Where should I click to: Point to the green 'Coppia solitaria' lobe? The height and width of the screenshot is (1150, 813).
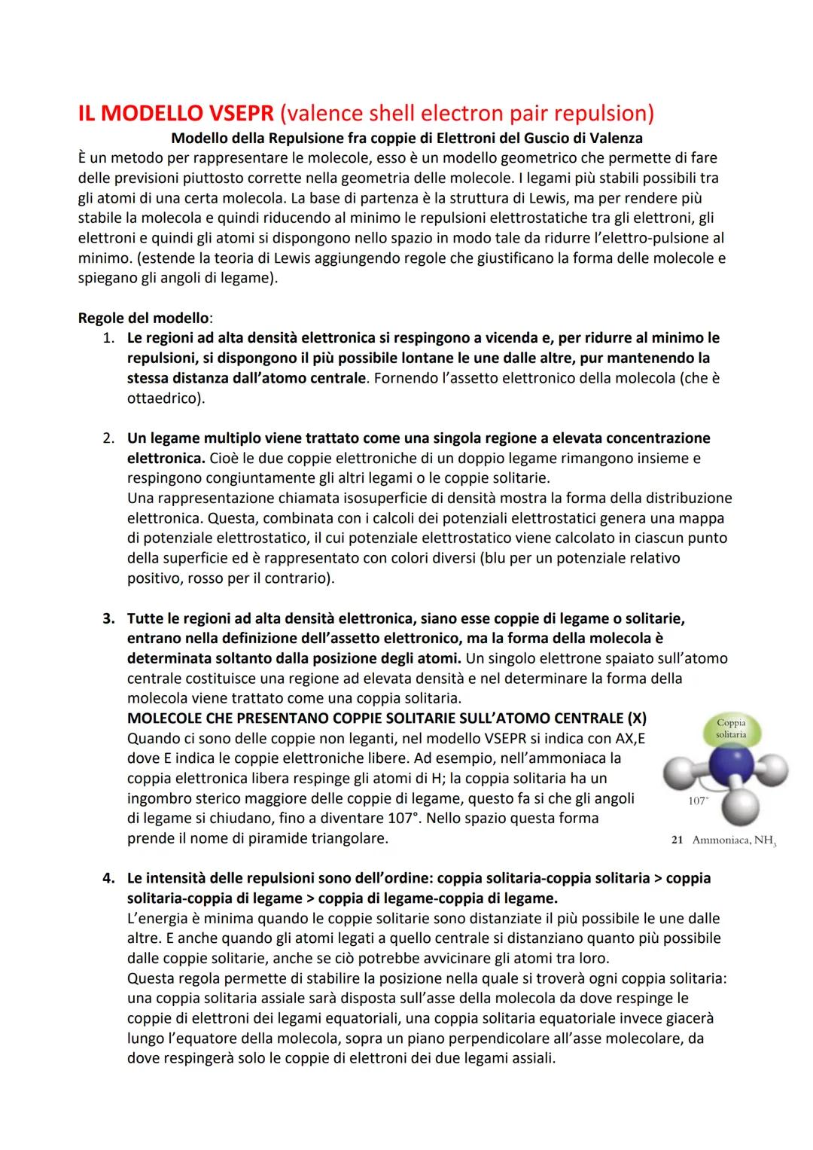(x=731, y=729)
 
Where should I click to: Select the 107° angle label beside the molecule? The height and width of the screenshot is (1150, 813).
(x=698, y=801)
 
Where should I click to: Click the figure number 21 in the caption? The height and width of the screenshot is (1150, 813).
(x=676, y=840)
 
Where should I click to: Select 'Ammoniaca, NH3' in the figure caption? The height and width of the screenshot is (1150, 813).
(x=733, y=840)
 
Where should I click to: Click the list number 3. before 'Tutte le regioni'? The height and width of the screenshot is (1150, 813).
(x=109, y=619)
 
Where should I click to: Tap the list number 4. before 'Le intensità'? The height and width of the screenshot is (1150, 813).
(x=109, y=878)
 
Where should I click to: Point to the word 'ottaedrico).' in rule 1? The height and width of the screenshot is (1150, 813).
(x=166, y=398)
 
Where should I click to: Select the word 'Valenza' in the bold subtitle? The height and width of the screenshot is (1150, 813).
(x=617, y=139)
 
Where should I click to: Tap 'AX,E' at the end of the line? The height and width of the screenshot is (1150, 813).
(x=625, y=738)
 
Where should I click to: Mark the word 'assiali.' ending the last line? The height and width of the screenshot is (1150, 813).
(x=530, y=1057)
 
